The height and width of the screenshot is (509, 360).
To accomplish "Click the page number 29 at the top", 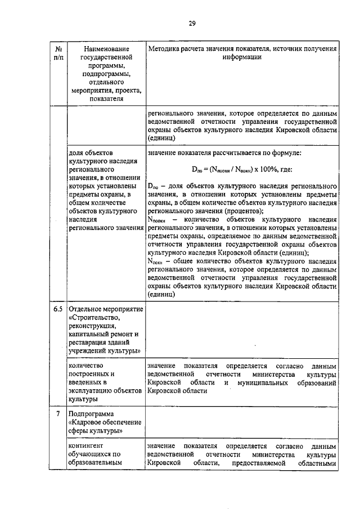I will click(x=192, y=23).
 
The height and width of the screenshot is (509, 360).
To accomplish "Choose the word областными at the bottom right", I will click(x=317, y=464).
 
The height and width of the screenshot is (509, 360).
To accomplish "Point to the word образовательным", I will click(x=96, y=464).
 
